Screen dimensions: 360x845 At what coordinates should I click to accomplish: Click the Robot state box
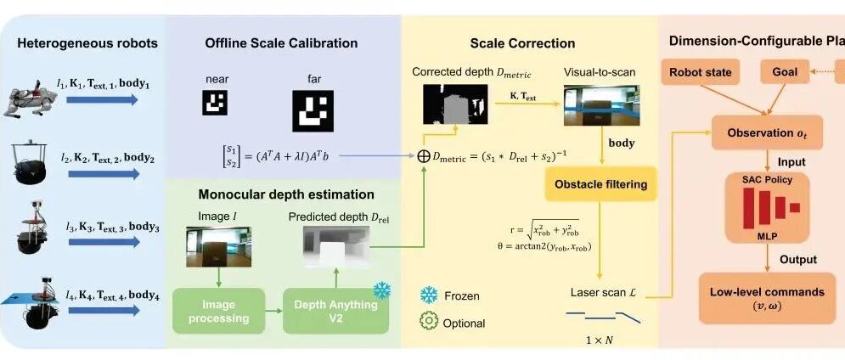(x=701, y=72)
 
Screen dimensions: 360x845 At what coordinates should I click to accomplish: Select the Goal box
(x=785, y=72)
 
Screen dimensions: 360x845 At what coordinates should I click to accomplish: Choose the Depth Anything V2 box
(x=336, y=312)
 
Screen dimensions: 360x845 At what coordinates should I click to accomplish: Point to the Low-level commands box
(x=767, y=298)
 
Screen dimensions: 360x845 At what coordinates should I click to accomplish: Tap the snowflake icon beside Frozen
(x=430, y=295)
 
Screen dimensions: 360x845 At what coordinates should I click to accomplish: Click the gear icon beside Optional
(x=430, y=323)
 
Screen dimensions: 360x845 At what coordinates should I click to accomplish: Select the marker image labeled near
(x=216, y=104)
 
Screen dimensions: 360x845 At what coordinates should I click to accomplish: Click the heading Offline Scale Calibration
(x=281, y=43)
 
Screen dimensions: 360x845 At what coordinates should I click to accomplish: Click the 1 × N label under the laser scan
(x=601, y=340)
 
